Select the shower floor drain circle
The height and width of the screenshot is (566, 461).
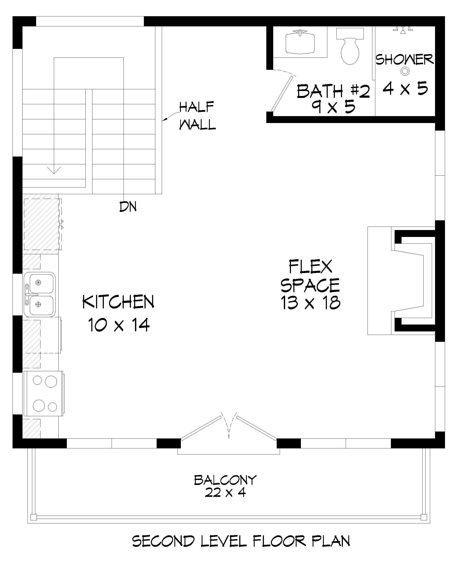tap(405, 71)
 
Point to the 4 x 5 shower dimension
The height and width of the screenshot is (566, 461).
tap(405, 88)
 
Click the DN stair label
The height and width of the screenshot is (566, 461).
tap(128, 207)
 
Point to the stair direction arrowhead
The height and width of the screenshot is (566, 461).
tap(54, 170)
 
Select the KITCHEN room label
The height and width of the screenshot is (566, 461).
tap(118, 302)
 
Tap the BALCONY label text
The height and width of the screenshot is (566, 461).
tap(225, 480)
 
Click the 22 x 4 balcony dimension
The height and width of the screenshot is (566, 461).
tap(225, 493)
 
